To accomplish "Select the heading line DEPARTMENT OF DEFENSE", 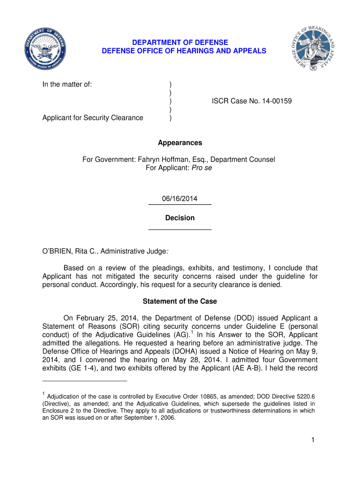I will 180,43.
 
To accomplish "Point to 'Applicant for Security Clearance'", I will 93,118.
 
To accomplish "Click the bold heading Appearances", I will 180,143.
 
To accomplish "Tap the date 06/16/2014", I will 180,199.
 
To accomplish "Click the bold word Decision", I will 180,218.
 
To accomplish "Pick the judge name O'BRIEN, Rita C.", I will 70,252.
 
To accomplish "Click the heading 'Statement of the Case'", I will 180,301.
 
